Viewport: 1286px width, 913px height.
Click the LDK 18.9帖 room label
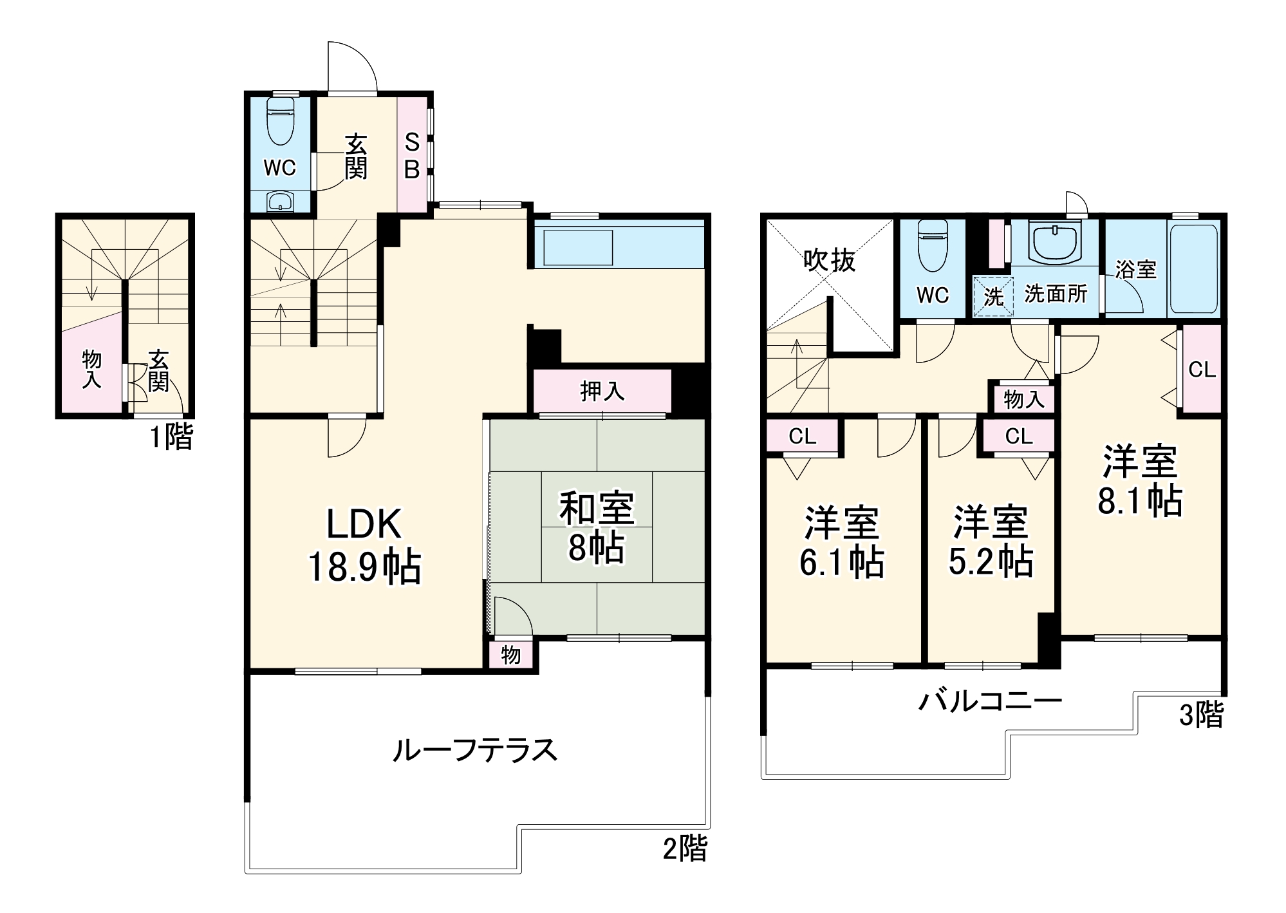(364, 545)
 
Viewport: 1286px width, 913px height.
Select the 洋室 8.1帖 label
(1140, 480)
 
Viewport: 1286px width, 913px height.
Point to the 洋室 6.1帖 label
(842, 541)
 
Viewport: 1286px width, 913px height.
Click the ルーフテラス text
(475, 750)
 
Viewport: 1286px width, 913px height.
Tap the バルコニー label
(990, 701)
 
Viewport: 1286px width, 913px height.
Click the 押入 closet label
(602, 391)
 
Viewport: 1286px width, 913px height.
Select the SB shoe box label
(412, 155)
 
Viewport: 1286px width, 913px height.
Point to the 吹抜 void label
(830, 260)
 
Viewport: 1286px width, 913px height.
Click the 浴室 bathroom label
(1136, 269)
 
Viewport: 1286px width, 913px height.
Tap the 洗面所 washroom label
(1056, 294)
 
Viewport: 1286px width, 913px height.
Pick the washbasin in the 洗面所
(1056, 244)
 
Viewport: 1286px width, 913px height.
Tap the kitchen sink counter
(578, 247)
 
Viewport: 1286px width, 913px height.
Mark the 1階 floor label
(171, 437)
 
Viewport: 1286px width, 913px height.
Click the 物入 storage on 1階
(92, 369)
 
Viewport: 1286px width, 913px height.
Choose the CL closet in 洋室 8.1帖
(1202, 369)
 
